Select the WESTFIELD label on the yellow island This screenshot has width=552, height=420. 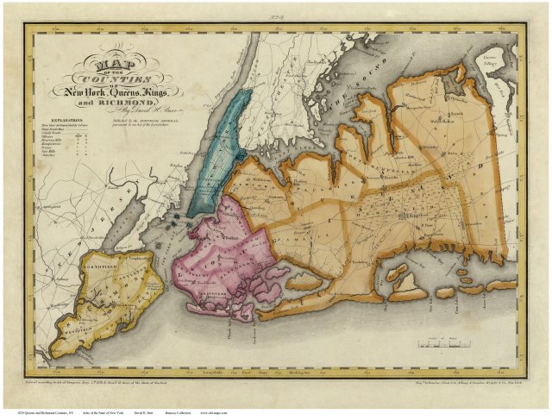click(71, 327)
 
